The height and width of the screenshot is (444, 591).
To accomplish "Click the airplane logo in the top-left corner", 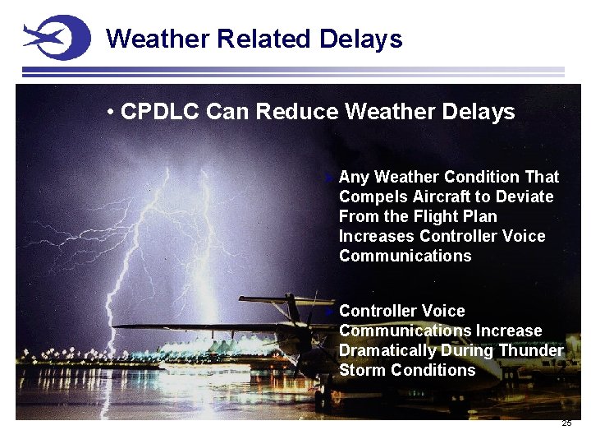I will [x=56, y=37].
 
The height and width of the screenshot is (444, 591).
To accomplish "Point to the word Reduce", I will [x=299, y=112].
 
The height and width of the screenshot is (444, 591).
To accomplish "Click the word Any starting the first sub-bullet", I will [x=354, y=177].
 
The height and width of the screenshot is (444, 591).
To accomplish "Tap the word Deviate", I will [x=525, y=197].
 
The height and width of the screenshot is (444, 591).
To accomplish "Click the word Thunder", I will [x=532, y=350].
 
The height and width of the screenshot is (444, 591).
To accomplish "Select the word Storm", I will [x=362, y=370].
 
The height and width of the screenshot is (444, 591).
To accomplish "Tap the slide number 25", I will [x=566, y=423].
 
